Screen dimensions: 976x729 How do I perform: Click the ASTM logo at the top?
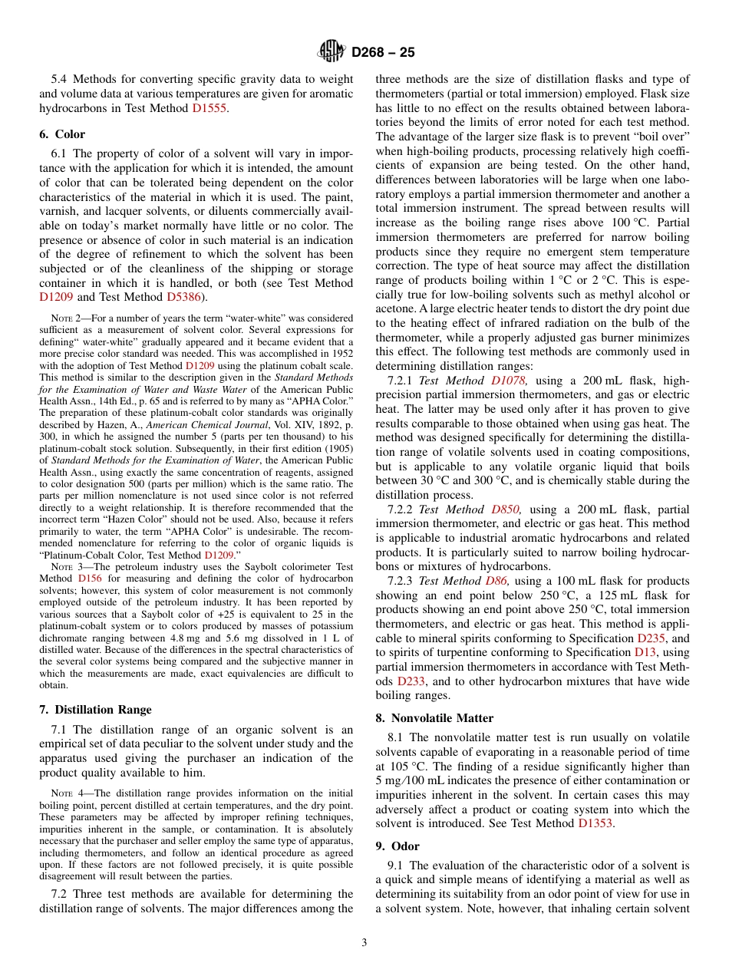pos(332,51)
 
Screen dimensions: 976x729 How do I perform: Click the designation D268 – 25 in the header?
pos(383,52)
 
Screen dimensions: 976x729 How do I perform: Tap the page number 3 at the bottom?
pos(364,943)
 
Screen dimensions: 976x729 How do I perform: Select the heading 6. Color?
pos(62,134)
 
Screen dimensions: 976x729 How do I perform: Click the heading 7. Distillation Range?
pos(95,709)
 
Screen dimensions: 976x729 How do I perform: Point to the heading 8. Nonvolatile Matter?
pos(434,718)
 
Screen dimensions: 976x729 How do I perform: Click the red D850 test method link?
pos(506,509)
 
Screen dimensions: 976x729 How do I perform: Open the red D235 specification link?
pos(651,638)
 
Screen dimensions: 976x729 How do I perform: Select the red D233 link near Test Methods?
pos(411,681)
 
